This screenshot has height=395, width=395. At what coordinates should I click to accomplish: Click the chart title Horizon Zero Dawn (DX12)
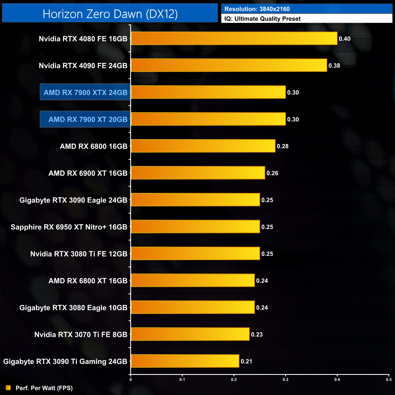(110, 14)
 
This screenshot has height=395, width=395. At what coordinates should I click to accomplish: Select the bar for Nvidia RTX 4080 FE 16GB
(234, 39)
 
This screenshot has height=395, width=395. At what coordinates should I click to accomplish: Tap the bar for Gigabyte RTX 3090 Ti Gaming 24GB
(185, 361)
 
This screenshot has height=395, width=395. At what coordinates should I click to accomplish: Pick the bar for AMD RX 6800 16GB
(203, 146)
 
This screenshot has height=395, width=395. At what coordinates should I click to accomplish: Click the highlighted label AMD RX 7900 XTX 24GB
(85, 92)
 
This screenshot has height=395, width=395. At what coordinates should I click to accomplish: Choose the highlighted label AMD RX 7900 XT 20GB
(88, 119)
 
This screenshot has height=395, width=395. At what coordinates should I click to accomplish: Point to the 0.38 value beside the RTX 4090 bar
(334, 66)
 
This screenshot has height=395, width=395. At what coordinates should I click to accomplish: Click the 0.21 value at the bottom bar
(246, 361)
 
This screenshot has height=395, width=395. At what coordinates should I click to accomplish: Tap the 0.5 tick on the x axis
(389, 380)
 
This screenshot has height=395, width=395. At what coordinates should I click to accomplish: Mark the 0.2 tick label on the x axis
(234, 380)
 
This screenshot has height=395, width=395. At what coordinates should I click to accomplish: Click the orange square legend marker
(8, 388)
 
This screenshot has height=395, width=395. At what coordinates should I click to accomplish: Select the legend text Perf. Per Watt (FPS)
(44, 388)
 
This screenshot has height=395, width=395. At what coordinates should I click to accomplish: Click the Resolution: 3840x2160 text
(257, 9)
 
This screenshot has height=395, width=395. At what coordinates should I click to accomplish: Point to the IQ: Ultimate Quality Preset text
(263, 19)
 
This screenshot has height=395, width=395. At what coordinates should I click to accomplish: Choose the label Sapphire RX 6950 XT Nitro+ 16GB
(69, 227)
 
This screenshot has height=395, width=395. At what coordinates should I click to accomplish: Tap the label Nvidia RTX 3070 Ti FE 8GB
(81, 335)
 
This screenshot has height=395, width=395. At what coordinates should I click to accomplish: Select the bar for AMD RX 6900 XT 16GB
(198, 173)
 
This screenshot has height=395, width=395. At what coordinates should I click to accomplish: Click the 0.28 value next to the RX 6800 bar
(283, 146)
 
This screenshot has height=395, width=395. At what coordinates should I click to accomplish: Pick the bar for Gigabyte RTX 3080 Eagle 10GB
(193, 307)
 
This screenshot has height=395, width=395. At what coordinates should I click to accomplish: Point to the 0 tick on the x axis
(131, 380)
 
